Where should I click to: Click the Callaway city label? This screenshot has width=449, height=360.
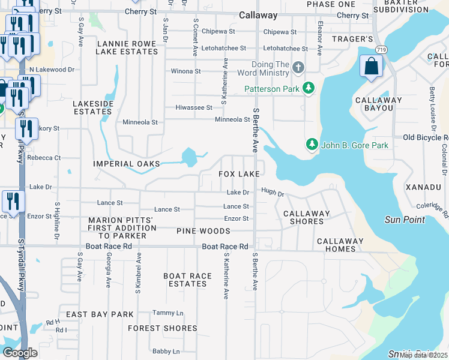click(258, 16)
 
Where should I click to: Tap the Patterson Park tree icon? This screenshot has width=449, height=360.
click(309, 89)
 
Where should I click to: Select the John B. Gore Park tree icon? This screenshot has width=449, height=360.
click(312, 145)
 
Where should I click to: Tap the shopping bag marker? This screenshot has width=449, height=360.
click(372, 66)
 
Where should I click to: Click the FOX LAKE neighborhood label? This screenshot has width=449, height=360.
click(239, 173)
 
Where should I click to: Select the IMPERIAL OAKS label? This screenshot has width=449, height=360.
click(127, 164)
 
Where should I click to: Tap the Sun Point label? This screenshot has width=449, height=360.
click(405, 220)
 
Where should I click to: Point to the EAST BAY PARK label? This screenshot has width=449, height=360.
click(100, 314)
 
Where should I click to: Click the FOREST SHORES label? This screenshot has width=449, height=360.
click(162, 328)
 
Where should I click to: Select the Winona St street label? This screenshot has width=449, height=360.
click(185, 71)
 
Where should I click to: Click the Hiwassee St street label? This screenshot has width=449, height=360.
click(193, 107)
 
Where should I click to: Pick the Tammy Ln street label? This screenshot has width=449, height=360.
click(167, 313)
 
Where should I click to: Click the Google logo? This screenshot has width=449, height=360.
click(20, 353)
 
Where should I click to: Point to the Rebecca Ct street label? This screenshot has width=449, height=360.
click(43, 158)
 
